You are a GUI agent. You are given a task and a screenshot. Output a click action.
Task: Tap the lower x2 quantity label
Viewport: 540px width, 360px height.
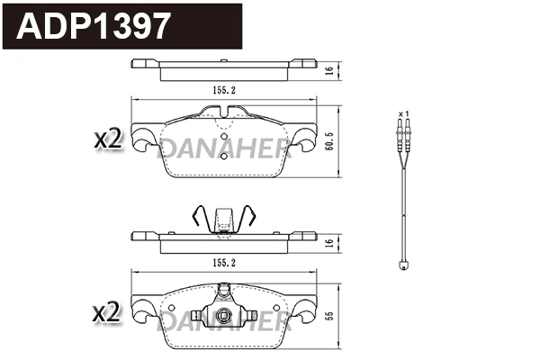tap(107, 312)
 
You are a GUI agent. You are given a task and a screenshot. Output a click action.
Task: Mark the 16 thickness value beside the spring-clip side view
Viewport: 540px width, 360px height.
tap(330, 242)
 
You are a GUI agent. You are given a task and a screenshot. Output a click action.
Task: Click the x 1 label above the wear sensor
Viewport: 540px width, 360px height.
tap(404, 112)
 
